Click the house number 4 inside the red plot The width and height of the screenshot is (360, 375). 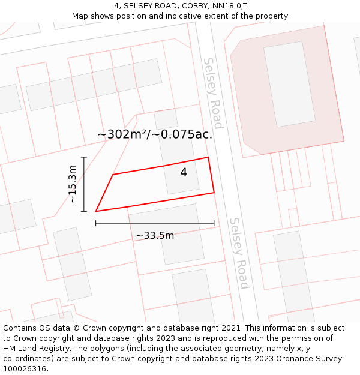(184, 173)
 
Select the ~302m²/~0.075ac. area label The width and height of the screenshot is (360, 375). (155, 134)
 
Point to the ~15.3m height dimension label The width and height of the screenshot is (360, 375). (73, 184)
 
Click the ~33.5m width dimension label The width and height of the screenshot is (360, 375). (155, 235)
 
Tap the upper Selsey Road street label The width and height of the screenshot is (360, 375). (213, 93)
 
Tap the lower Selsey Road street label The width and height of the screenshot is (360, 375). (238, 253)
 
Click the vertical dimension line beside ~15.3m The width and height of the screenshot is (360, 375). (84, 184)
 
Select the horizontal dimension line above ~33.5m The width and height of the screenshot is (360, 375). (155, 223)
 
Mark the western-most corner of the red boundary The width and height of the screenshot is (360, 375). (96, 211)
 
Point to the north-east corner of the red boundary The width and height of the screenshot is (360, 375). (208, 158)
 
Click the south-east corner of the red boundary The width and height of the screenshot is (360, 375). (214, 193)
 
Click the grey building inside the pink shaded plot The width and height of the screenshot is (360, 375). (289, 83)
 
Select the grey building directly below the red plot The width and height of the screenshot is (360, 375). (165, 234)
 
